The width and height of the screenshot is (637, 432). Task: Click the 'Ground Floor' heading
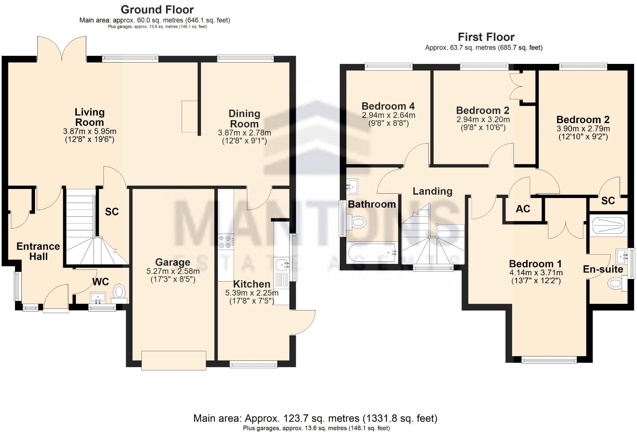click(x=157, y=9)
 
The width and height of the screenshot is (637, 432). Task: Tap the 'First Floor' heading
click(x=486, y=37)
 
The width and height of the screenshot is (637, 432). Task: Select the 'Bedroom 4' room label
click(x=388, y=106)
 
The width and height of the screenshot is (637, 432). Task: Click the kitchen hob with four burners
click(x=225, y=242)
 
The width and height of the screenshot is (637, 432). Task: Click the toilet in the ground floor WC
click(x=119, y=291)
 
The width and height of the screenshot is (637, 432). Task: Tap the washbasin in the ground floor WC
click(x=98, y=297)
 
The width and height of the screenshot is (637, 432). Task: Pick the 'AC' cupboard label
click(x=523, y=209)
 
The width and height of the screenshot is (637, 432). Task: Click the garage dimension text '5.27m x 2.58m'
click(x=173, y=271)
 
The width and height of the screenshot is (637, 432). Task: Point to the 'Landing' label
click(x=432, y=191)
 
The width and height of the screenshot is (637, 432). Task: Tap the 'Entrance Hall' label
click(x=38, y=251)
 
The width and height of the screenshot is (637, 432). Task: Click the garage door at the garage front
click(x=173, y=360)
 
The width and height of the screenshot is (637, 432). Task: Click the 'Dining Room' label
click(x=244, y=118)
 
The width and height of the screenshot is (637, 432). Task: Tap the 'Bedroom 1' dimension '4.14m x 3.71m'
click(x=536, y=273)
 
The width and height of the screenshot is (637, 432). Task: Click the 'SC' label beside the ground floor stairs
click(x=112, y=212)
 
